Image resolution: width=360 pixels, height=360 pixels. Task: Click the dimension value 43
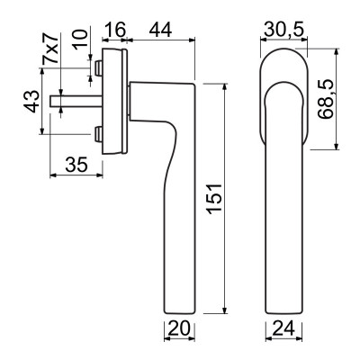point(29,102)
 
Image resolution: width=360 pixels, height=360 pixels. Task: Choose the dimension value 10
point(82,41)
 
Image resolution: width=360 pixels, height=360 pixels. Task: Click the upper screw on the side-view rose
point(96,67)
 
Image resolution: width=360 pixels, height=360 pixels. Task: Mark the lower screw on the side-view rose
point(96,136)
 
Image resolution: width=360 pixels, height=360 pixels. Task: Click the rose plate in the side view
point(114,101)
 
